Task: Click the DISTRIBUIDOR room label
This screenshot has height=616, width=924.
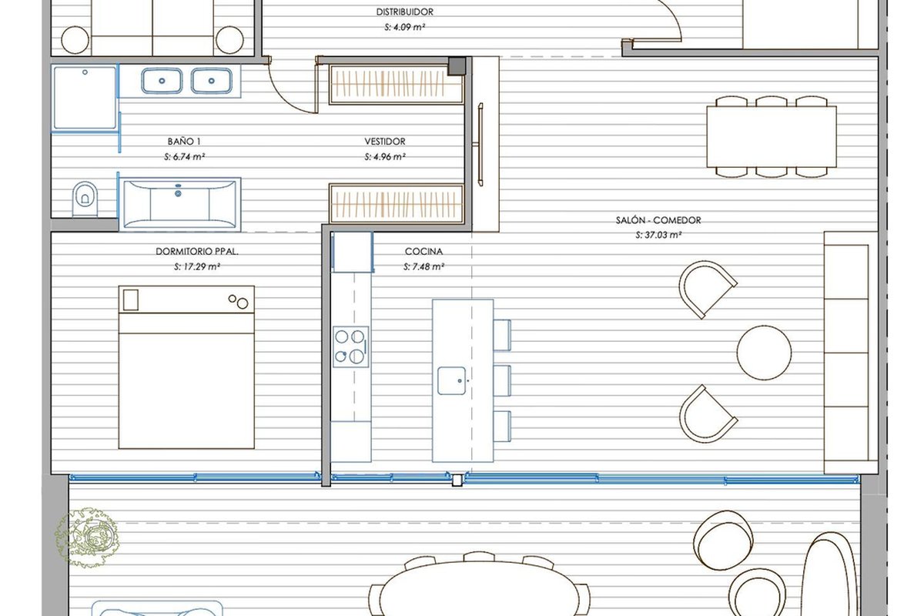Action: click(x=404, y=12)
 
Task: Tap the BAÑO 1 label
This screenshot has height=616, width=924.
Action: click(x=184, y=142)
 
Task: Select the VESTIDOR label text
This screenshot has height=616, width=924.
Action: click(x=385, y=142)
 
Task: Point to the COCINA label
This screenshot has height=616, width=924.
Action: click(x=423, y=251)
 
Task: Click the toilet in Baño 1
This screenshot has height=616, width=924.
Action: click(x=85, y=199)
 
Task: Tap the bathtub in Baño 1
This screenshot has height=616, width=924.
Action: click(x=180, y=204)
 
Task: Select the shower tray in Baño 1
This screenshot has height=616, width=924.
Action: click(x=85, y=98)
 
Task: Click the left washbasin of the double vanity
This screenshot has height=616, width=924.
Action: click(x=162, y=81)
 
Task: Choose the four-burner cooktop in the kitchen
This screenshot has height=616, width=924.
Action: click(x=350, y=346)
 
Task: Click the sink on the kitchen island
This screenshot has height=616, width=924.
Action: click(x=452, y=380)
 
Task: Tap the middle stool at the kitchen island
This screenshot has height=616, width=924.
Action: click(x=502, y=381)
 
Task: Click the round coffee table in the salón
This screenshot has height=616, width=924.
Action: click(x=764, y=353)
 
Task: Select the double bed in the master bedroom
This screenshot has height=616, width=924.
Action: click(x=186, y=367)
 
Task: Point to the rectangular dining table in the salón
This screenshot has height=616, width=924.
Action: click(x=772, y=136)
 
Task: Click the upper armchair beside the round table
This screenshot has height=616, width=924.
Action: click(x=706, y=289)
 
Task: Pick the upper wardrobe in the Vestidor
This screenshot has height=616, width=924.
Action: click(x=396, y=85)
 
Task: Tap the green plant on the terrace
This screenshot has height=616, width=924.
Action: click(x=88, y=537)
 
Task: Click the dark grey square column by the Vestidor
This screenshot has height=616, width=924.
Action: click(x=457, y=66)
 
